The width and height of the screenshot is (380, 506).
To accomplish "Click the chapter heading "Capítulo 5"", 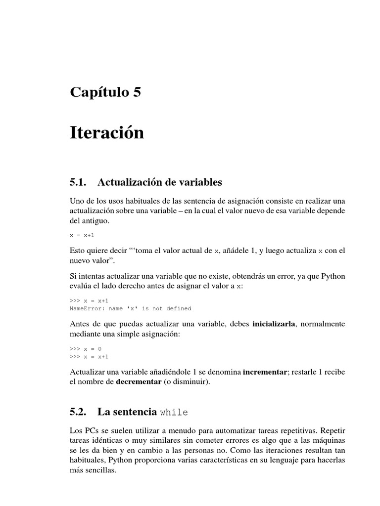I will click(105, 92).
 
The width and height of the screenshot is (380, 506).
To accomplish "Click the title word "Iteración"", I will click(107, 132).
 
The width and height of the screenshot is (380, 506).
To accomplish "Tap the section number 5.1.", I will click(78, 182).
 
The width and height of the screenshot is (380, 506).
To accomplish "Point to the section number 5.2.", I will click(78, 412).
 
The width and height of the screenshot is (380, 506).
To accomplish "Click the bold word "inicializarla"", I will click(273, 324).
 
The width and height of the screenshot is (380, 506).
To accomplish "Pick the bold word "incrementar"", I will click(265, 372).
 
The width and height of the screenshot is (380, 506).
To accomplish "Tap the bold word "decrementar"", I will click(139, 381).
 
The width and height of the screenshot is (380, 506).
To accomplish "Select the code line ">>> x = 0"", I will click(86, 348).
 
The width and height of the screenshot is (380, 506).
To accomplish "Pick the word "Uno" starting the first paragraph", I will click(77, 201).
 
